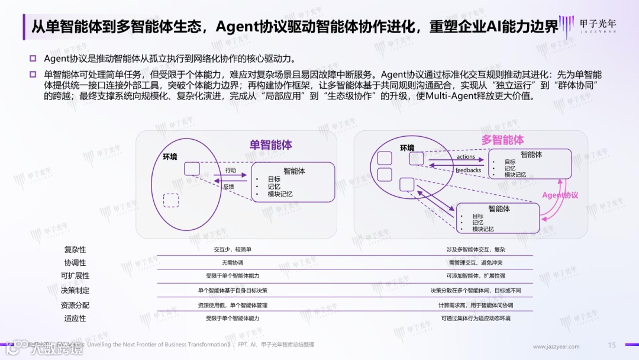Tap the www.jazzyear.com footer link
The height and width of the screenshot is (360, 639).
(x=556, y=346)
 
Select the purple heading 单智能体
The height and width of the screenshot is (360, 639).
(x=270, y=145)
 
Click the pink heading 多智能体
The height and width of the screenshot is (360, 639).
(x=502, y=140)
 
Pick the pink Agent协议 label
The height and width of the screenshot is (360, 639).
(x=560, y=195)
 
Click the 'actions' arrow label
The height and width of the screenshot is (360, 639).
(x=466, y=157)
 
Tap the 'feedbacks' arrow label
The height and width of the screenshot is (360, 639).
(x=468, y=171)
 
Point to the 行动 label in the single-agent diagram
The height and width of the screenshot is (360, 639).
(x=230, y=171)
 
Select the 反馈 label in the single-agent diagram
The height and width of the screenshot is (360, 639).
(x=228, y=186)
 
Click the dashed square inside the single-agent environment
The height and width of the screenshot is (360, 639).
(x=171, y=200)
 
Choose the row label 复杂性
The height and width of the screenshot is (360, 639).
(x=75, y=250)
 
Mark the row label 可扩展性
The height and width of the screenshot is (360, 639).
(x=75, y=276)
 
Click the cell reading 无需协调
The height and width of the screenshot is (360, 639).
(x=233, y=262)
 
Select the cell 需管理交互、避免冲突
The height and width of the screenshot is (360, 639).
(x=476, y=262)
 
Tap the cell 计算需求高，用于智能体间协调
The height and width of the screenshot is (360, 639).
(x=476, y=306)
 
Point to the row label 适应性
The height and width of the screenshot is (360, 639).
(x=75, y=319)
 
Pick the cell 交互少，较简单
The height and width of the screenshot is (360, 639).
(x=233, y=250)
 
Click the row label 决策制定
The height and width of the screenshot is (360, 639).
(x=75, y=291)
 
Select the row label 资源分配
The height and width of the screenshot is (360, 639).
(x=75, y=306)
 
